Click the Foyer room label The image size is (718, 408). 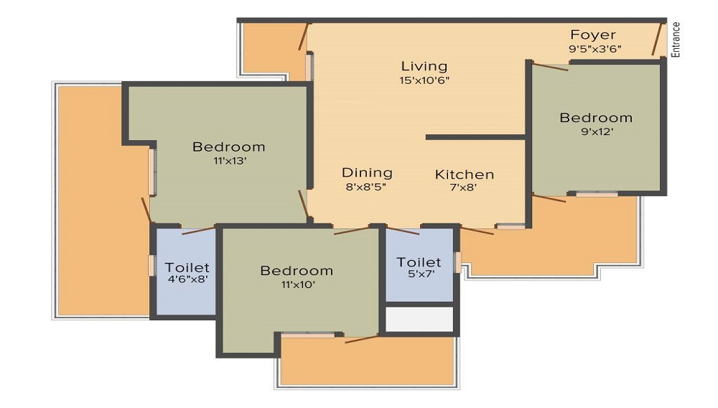tap(593, 34)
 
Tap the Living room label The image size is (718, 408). tap(424, 66)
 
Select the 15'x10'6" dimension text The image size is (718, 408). tap(424, 80)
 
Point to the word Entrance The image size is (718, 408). tap(676, 40)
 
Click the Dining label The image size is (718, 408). tap(367, 173)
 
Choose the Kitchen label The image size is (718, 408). tap(465, 175)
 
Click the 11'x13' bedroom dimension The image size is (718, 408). tap(230, 161)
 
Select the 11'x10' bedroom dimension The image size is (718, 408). tap(298, 285)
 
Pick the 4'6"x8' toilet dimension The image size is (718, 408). tap(187, 279)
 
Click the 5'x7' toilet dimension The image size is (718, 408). tap(420, 274)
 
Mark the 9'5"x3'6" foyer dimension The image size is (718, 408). tap(595, 49)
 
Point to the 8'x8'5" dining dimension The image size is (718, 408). tap(366, 187)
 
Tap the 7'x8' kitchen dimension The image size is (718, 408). tap(463, 187)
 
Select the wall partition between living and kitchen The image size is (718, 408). tap(475, 137)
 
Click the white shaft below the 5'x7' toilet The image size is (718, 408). tap(419, 319)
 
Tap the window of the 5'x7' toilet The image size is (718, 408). tap(457, 262)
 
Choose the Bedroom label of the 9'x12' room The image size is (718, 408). tap(596, 118)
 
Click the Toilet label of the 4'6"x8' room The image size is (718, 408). tap(187, 267)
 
